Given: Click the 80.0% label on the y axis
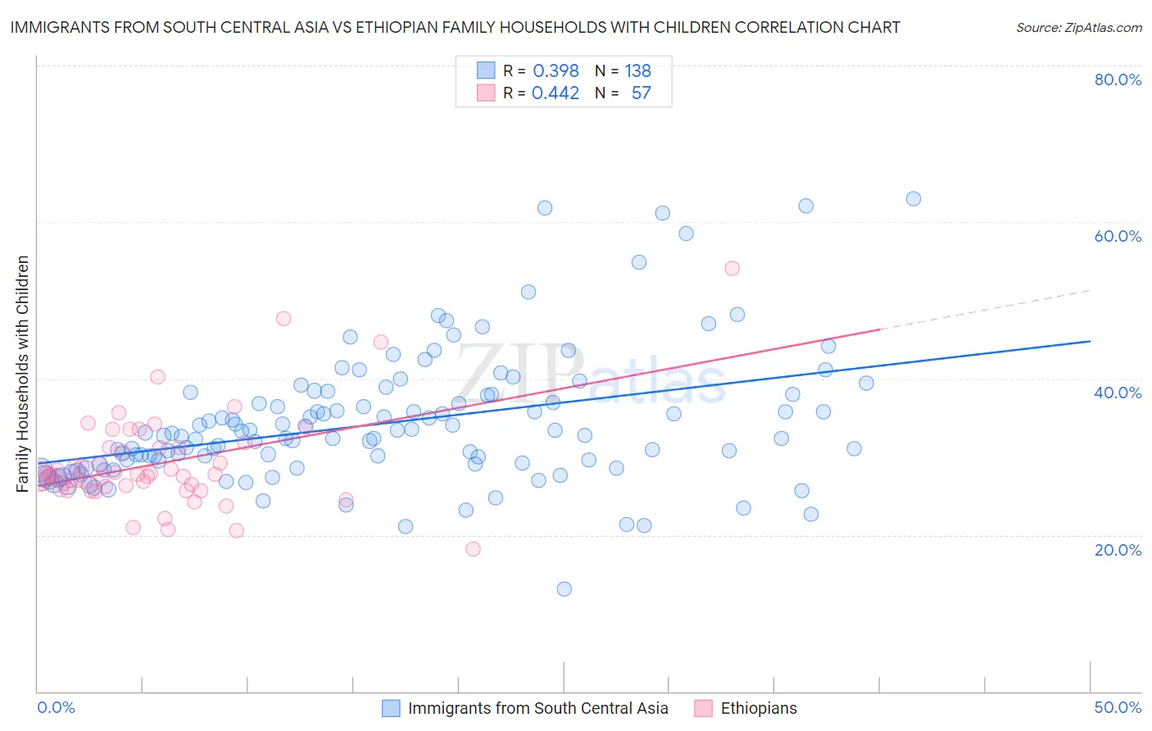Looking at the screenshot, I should pyautogui.click(x=1118, y=79).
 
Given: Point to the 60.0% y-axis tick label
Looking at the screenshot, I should pyautogui.click(x=1118, y=236).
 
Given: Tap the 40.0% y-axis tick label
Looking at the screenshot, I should pyautogui.click(x=1118, y=393).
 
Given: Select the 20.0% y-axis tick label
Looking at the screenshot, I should pyautogui.click(x=1118, y=550).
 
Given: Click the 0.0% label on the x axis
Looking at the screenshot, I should pyautogui.click(x=56, y=707).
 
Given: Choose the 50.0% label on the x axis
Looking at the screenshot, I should pyautogui.click(x=1118, y=707).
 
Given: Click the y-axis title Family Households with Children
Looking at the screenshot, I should pyautogui.click(x=23, y=374).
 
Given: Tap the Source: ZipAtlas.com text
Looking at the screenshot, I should pyautogui.click(x=1078, y=27).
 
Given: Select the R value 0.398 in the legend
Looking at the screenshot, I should pyautogui.click(x=556, y=71).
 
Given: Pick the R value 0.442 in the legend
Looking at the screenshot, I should pyautogui.click(x=556, y=93).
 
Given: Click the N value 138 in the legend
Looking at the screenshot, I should pyautogui.click(x=637, y=71).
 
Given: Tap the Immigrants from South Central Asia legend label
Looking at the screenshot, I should pyautogui.click(x=537, y=708).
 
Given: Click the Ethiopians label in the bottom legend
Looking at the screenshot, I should pyautogui.click(x=758, y=708).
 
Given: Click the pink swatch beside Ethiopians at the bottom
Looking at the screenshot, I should pyautogui.click(x=703, y=708).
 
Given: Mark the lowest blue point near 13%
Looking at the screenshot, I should pyautogui.click(x=564, y=589).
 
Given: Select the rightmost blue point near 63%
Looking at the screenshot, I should pyautogui.click(x=913, y=199).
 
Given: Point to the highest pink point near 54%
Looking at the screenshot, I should pyautogui.click(x=732, y=269).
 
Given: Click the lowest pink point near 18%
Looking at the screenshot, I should pyautogui.click(x=473, y=549).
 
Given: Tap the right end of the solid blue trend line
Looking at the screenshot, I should pyautogui.click(x=1090, y=341).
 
